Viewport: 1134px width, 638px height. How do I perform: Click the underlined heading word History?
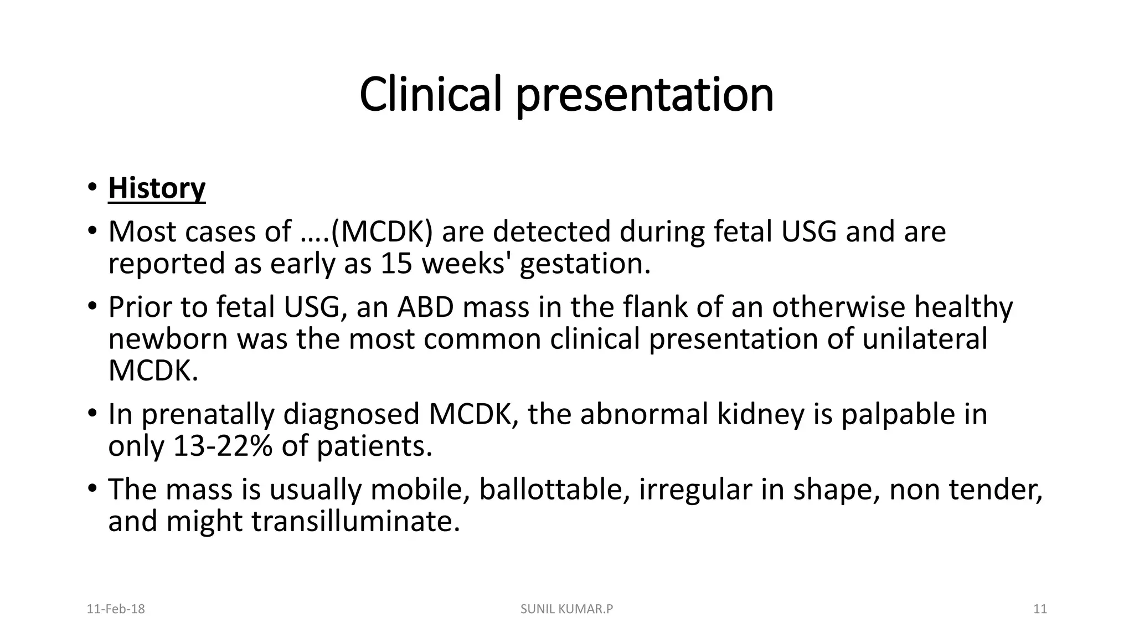[157, 188]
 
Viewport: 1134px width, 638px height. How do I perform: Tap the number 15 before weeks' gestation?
[396, 264]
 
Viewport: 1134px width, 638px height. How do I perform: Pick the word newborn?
[168, 339]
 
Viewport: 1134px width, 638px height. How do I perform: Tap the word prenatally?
[208, 415]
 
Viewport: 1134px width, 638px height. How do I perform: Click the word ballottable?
[554, 490]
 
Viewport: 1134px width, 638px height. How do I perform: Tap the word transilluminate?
[355, 522]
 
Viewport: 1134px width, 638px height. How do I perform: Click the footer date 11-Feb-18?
[116, 609]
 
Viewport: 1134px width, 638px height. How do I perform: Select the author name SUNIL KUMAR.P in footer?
[566, 609]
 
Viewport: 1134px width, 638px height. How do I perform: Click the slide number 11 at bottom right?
[1040, 609]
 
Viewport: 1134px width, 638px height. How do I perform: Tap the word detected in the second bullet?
[551, 232]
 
